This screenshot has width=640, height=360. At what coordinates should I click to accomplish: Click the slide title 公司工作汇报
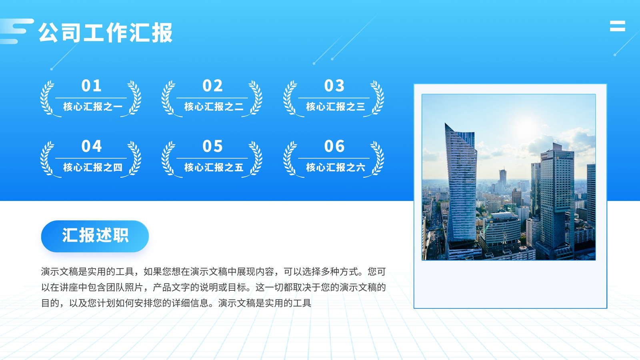pyautogui.click(x=106, y=32)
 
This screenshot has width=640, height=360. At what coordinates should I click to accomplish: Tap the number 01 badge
pyautogui.click(x=92, y=86)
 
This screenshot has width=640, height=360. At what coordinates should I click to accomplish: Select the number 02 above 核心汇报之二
pyautogui.click(x=212, y=86)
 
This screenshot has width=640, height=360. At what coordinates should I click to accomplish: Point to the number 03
pyautogui.click(x=334, y=86)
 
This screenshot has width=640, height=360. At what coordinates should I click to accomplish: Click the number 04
pyautogui.click(x=92, y=146)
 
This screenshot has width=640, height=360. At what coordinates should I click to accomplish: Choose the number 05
pyautogui.click(x=212, y=146)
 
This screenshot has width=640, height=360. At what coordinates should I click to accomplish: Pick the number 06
pyautogui.click(x=334, y=146)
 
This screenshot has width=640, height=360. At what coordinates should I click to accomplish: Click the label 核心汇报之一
pyautogui.click(x=93, y=106)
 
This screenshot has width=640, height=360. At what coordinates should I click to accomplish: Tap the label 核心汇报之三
pyautogui.click(x=336, y=106)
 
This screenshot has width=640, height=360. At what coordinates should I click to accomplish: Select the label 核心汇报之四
pyautogui.click(x=93, y=167)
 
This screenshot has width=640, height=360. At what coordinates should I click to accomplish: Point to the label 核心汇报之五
pyautogui.click(x=214, y=167)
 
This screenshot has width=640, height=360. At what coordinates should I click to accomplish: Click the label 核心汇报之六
pyautogui.click(x=336, y=167)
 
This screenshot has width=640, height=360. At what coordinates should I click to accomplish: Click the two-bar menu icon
pyautogui.click(x=618, y=26)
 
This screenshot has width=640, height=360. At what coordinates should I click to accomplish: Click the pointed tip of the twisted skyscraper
pyautogui.click(x=445, y=124)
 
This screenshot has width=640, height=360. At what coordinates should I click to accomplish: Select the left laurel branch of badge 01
pyautogui.click(x=48, y=98)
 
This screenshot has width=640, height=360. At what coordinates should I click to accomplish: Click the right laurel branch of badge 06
pyautogui.click(x=376, y=159)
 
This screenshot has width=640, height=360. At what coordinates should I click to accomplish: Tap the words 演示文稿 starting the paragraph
pyautogui.click(x=60, y=272)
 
